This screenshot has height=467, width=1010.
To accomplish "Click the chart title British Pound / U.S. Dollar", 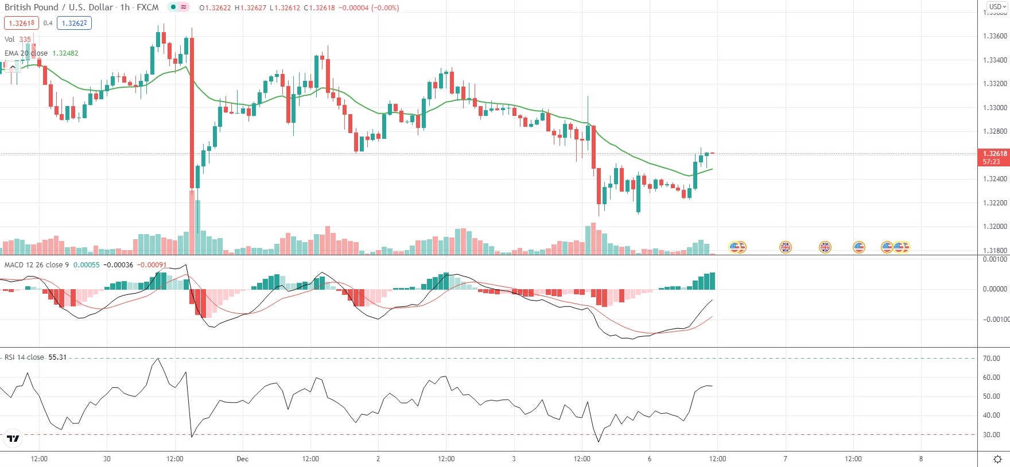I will pyautogui.click(x=59, y=7).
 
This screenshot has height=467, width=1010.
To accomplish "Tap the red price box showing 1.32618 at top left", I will pyautogui.click(x=21, y=23).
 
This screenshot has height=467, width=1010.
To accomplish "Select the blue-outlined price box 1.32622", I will pyautogui.click(x=74, y=23).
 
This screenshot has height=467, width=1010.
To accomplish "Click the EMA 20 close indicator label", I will pyautogui.click(x=26, y=53).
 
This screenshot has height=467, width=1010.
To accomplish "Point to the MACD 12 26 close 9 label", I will pyautogui.click(x=36, y=264).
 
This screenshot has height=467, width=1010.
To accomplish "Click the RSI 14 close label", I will pyautogui.click(x=24, y=357).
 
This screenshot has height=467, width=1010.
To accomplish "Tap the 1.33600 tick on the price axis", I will pyautogui.click(x=995, y=36).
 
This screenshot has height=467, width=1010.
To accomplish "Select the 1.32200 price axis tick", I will pyautogui.click(x=995, y=203).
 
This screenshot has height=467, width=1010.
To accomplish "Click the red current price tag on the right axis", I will pyautogui.click(x=994, y=157).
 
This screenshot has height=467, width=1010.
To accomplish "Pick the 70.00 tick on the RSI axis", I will pyautogui.click(x=991, y=359).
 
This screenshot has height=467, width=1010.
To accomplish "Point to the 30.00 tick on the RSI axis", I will pyautogui.click(x=991, y=435).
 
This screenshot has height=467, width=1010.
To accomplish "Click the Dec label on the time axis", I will pyautogui.click(x=242, y=459).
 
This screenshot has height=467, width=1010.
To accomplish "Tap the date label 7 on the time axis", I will pyautogui.click(x=785, y=459).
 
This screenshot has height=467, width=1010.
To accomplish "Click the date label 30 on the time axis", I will pyautogui.click(x=107, y=459).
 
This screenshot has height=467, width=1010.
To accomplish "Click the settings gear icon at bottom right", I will pyautogui.click(x=997, y=459).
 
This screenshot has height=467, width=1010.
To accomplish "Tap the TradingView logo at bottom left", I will pyautogui.click(x=13, y=439).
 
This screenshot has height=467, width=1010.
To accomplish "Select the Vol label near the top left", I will pyautogui.click(x=10, y=40).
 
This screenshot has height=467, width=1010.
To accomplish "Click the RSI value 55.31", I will pyautogui.click(x=57, y=357).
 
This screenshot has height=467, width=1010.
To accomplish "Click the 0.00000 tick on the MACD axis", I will pyautogui.click(x=995, y=289).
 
